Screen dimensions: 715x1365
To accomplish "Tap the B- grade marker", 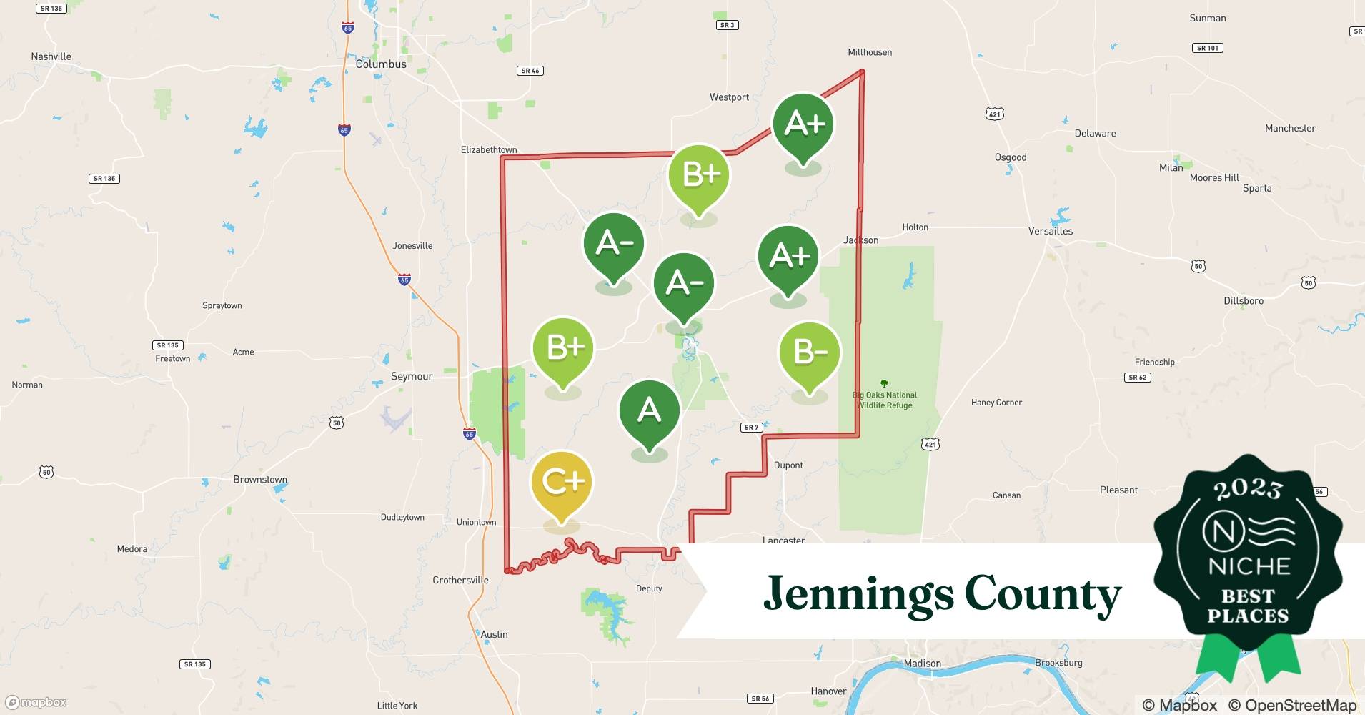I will [810, 352].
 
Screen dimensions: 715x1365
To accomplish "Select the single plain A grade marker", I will [649, 410].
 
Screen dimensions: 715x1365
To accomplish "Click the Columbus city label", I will [381, 64].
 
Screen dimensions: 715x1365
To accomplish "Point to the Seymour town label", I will [412, 376].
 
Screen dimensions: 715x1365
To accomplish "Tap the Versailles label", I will [1050, 231].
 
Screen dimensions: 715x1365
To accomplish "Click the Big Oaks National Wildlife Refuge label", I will [885, 400].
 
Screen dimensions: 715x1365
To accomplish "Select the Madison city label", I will [922, 664].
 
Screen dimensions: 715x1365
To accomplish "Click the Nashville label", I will [51, 56].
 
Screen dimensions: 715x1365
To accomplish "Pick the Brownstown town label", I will [260, 480].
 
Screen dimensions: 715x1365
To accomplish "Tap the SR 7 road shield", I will [751, 428].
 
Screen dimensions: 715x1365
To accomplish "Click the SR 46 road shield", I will [530, 71].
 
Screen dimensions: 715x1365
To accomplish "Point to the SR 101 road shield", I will [1207, 48].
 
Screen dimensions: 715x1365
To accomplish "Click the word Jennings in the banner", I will [858, 594].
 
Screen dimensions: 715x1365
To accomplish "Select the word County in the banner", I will [1043, 594].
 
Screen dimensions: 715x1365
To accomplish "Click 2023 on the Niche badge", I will [1248, 489].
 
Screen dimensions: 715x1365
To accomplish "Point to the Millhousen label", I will [870, 52].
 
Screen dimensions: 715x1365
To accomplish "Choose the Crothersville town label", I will [460, 580].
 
